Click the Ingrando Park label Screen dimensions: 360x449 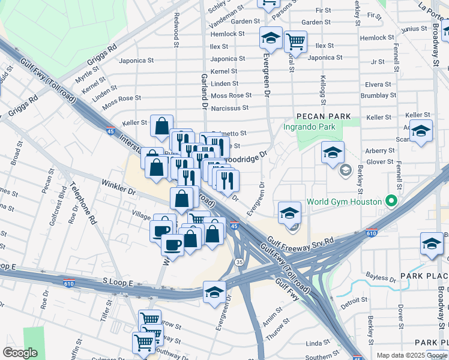point(309,127)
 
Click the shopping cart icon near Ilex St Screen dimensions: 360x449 point(295,41)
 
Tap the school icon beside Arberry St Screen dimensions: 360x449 point(333,152)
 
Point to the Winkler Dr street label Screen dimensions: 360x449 point(119,186)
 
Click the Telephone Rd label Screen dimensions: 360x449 point(84,204)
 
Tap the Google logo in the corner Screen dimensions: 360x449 point(21,353)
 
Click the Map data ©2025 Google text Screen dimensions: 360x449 point(412,355)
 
